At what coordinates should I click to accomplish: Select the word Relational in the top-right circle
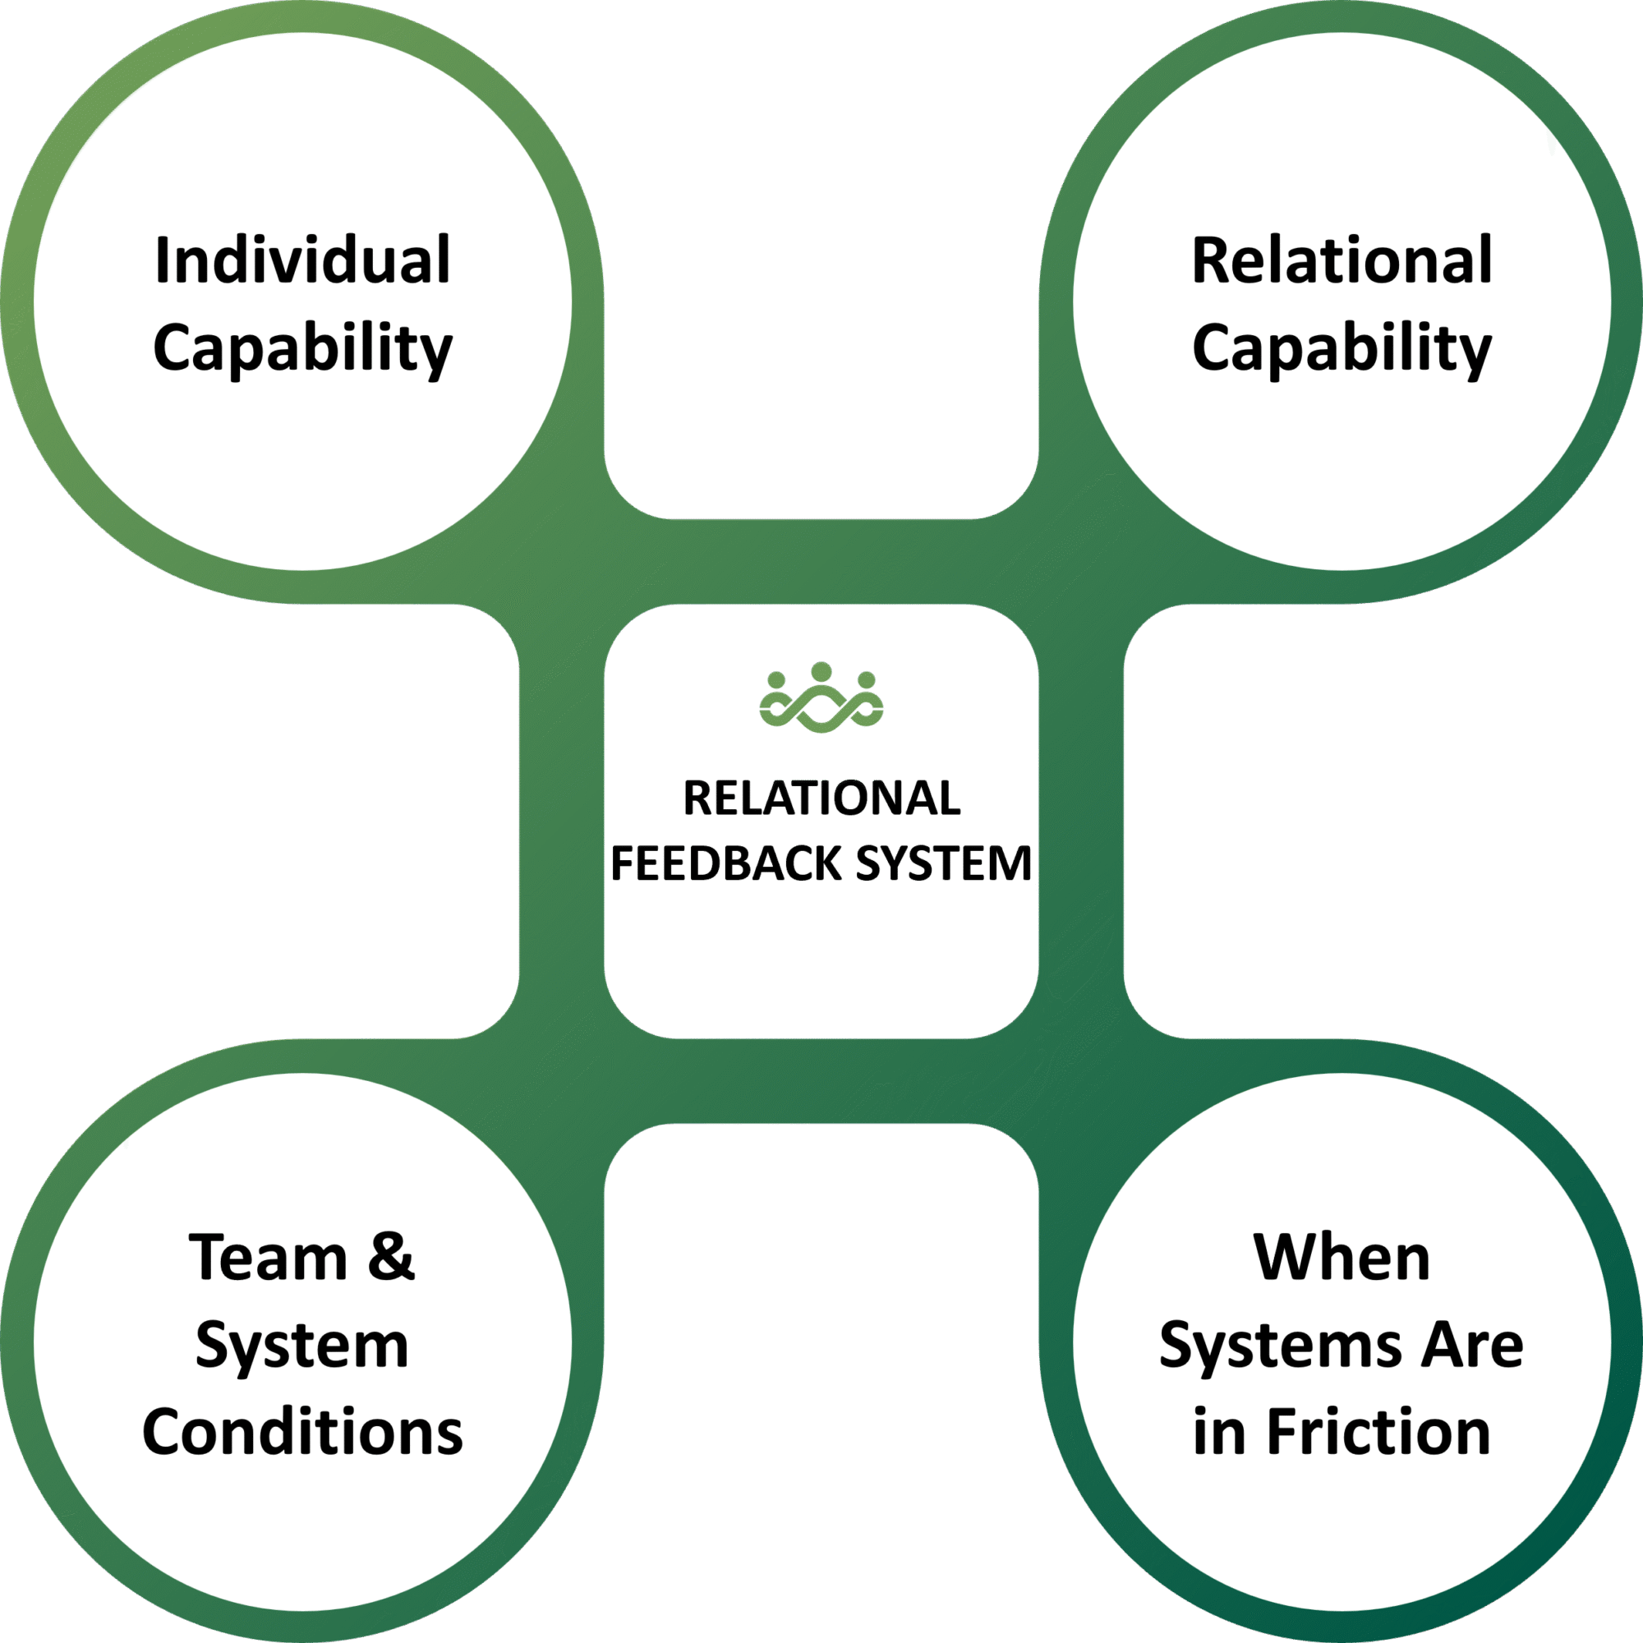[1342, 260]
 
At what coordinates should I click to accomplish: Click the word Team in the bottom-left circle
[268, 1258]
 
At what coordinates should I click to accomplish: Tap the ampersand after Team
[390, 1258]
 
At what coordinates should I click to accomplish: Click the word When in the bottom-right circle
[1342, 1258]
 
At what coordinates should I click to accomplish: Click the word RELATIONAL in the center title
[821, 798]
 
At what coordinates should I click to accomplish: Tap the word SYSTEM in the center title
[943, 864]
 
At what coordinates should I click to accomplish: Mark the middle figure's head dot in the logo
[821, 672]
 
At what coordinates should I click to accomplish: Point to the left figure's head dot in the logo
[776, 680]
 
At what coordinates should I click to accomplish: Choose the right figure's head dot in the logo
[866, 680]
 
